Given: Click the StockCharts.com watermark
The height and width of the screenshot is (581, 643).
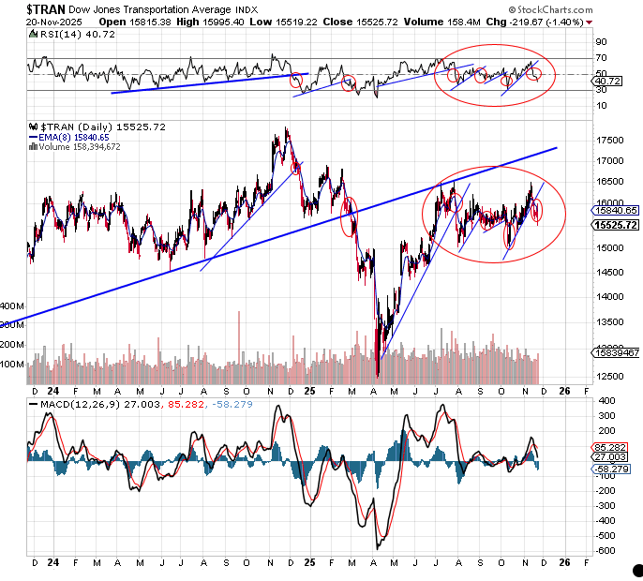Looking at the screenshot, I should tap(587, 9).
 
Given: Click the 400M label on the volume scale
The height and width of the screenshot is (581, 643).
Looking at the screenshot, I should tap(12, 306).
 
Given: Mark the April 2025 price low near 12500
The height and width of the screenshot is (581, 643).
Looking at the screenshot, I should tap(377, 376).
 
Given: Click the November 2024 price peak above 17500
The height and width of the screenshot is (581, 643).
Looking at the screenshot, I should tap(286, 129).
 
